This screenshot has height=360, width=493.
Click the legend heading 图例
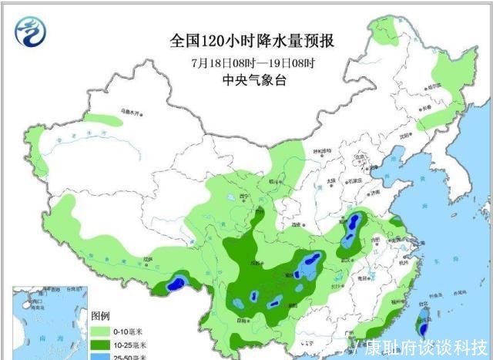click(101, 316)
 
